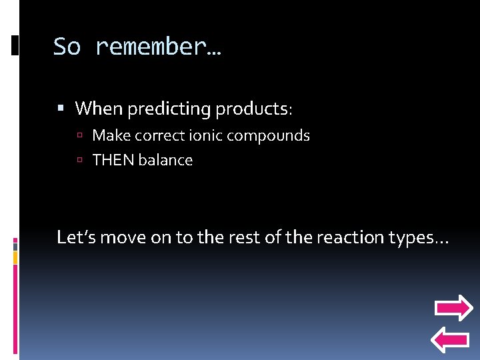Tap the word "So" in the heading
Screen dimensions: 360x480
click(x=68, y=47)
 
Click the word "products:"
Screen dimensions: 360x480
click(x=255, y=108)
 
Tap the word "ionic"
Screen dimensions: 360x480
click(x=205, y=136)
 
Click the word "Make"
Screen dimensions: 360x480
click(x=111, y=136)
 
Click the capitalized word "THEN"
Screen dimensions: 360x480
click(x=113, y=161)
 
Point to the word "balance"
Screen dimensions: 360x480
click(x=166, y=161)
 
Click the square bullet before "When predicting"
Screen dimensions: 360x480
click(x=61, y=108)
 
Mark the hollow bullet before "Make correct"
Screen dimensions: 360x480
click(x=79, y=137)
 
